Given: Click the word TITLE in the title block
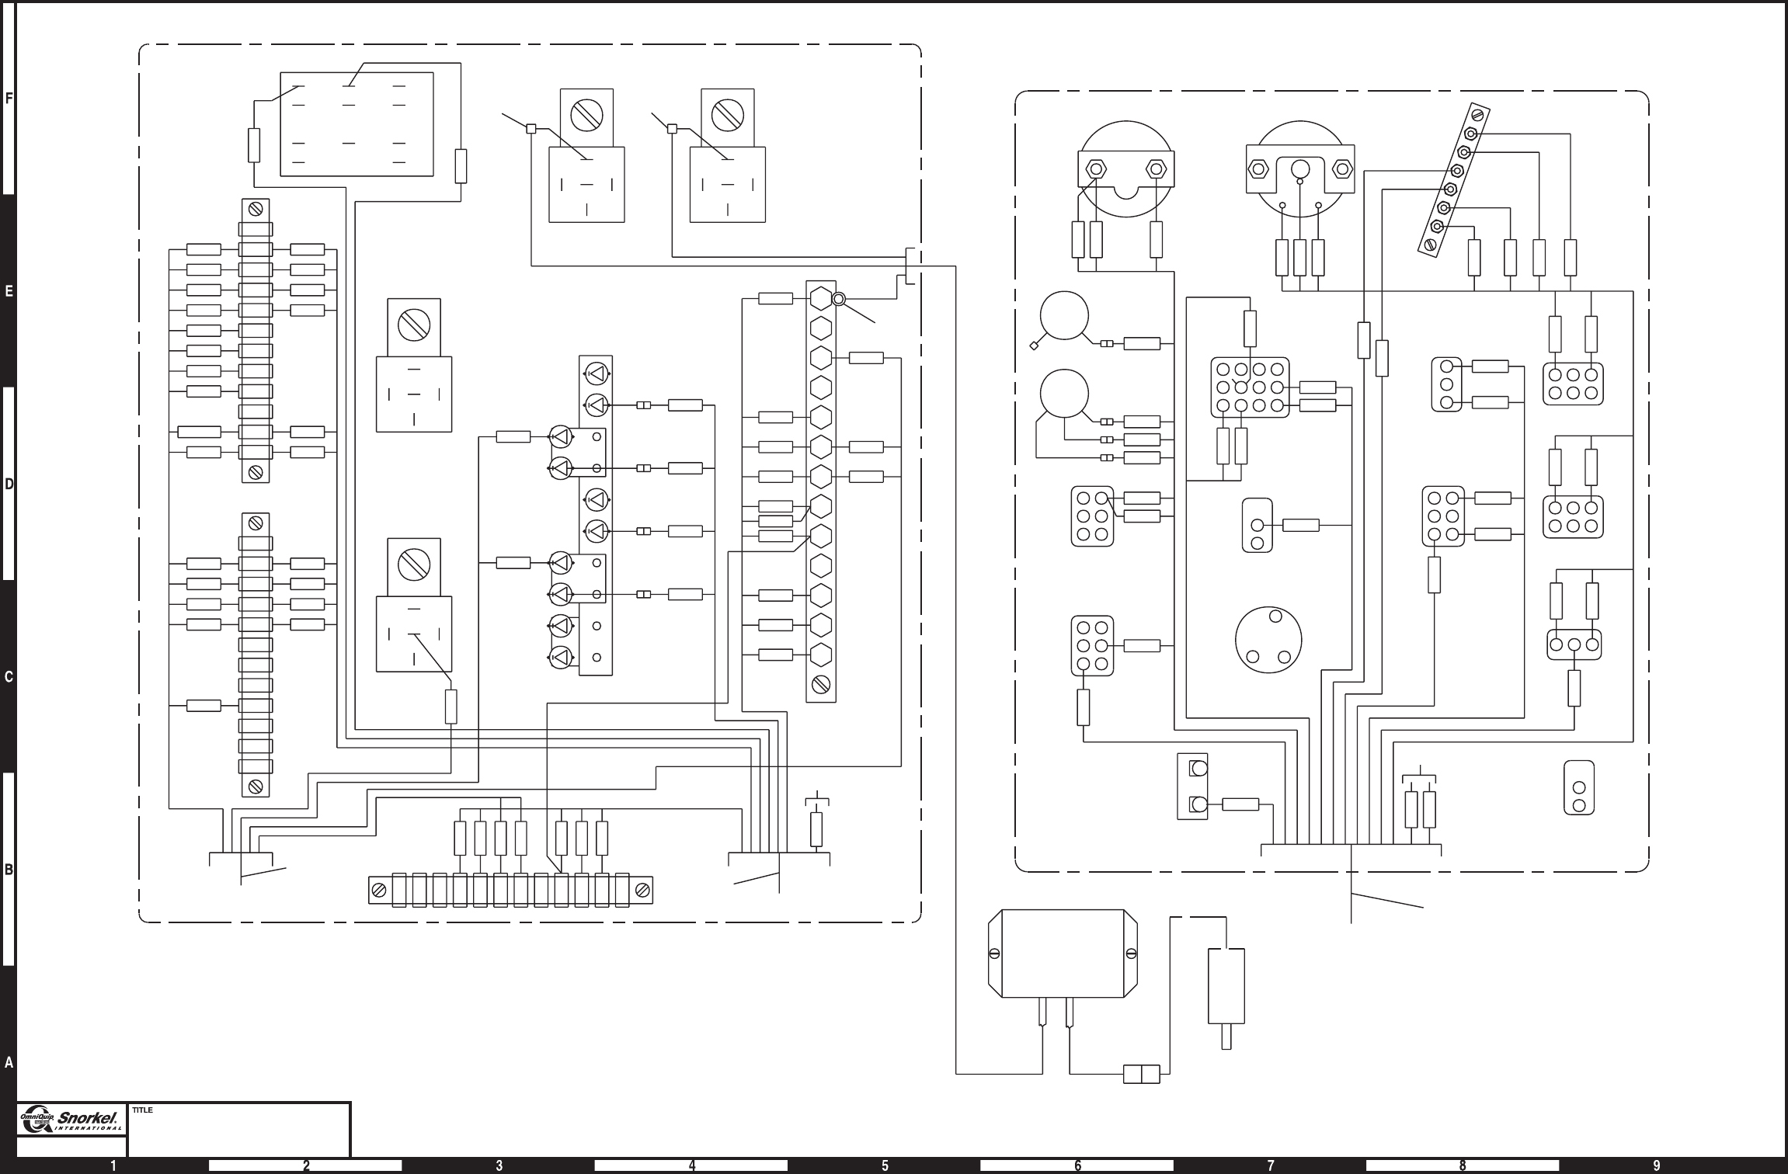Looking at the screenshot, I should point(142,1110).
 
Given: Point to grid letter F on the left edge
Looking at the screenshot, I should point(9,99).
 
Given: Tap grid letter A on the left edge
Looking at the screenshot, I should point(9,1062).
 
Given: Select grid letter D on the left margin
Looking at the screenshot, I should point(9,484).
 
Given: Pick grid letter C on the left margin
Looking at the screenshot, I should point(9,676).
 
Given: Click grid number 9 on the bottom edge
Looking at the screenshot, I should point(1657,1165).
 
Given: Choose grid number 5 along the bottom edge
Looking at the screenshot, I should point(885,1165).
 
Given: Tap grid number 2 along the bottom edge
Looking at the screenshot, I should point(306,1165).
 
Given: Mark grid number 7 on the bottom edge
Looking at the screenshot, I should point(1271,1165).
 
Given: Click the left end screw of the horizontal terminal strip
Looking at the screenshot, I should point(379,891).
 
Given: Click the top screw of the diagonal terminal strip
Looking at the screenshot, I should point(1477,115).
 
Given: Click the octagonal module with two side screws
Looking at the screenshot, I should point(1063,953).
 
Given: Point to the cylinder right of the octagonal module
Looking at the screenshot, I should point(1226,986).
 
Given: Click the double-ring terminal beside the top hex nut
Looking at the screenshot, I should point(839,299).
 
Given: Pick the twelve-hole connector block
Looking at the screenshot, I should point(1250,387).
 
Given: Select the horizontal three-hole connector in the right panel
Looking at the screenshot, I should point(1574,644).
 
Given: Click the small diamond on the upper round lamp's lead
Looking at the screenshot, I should point(1034,346).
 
